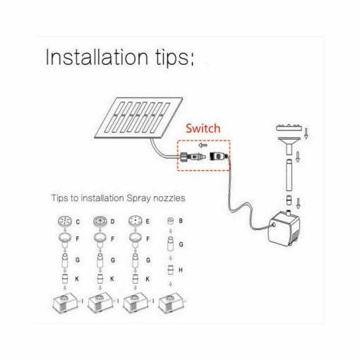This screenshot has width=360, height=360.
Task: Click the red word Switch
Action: tap(203, 128)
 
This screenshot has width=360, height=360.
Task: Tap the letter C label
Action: tap(78, 222)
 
